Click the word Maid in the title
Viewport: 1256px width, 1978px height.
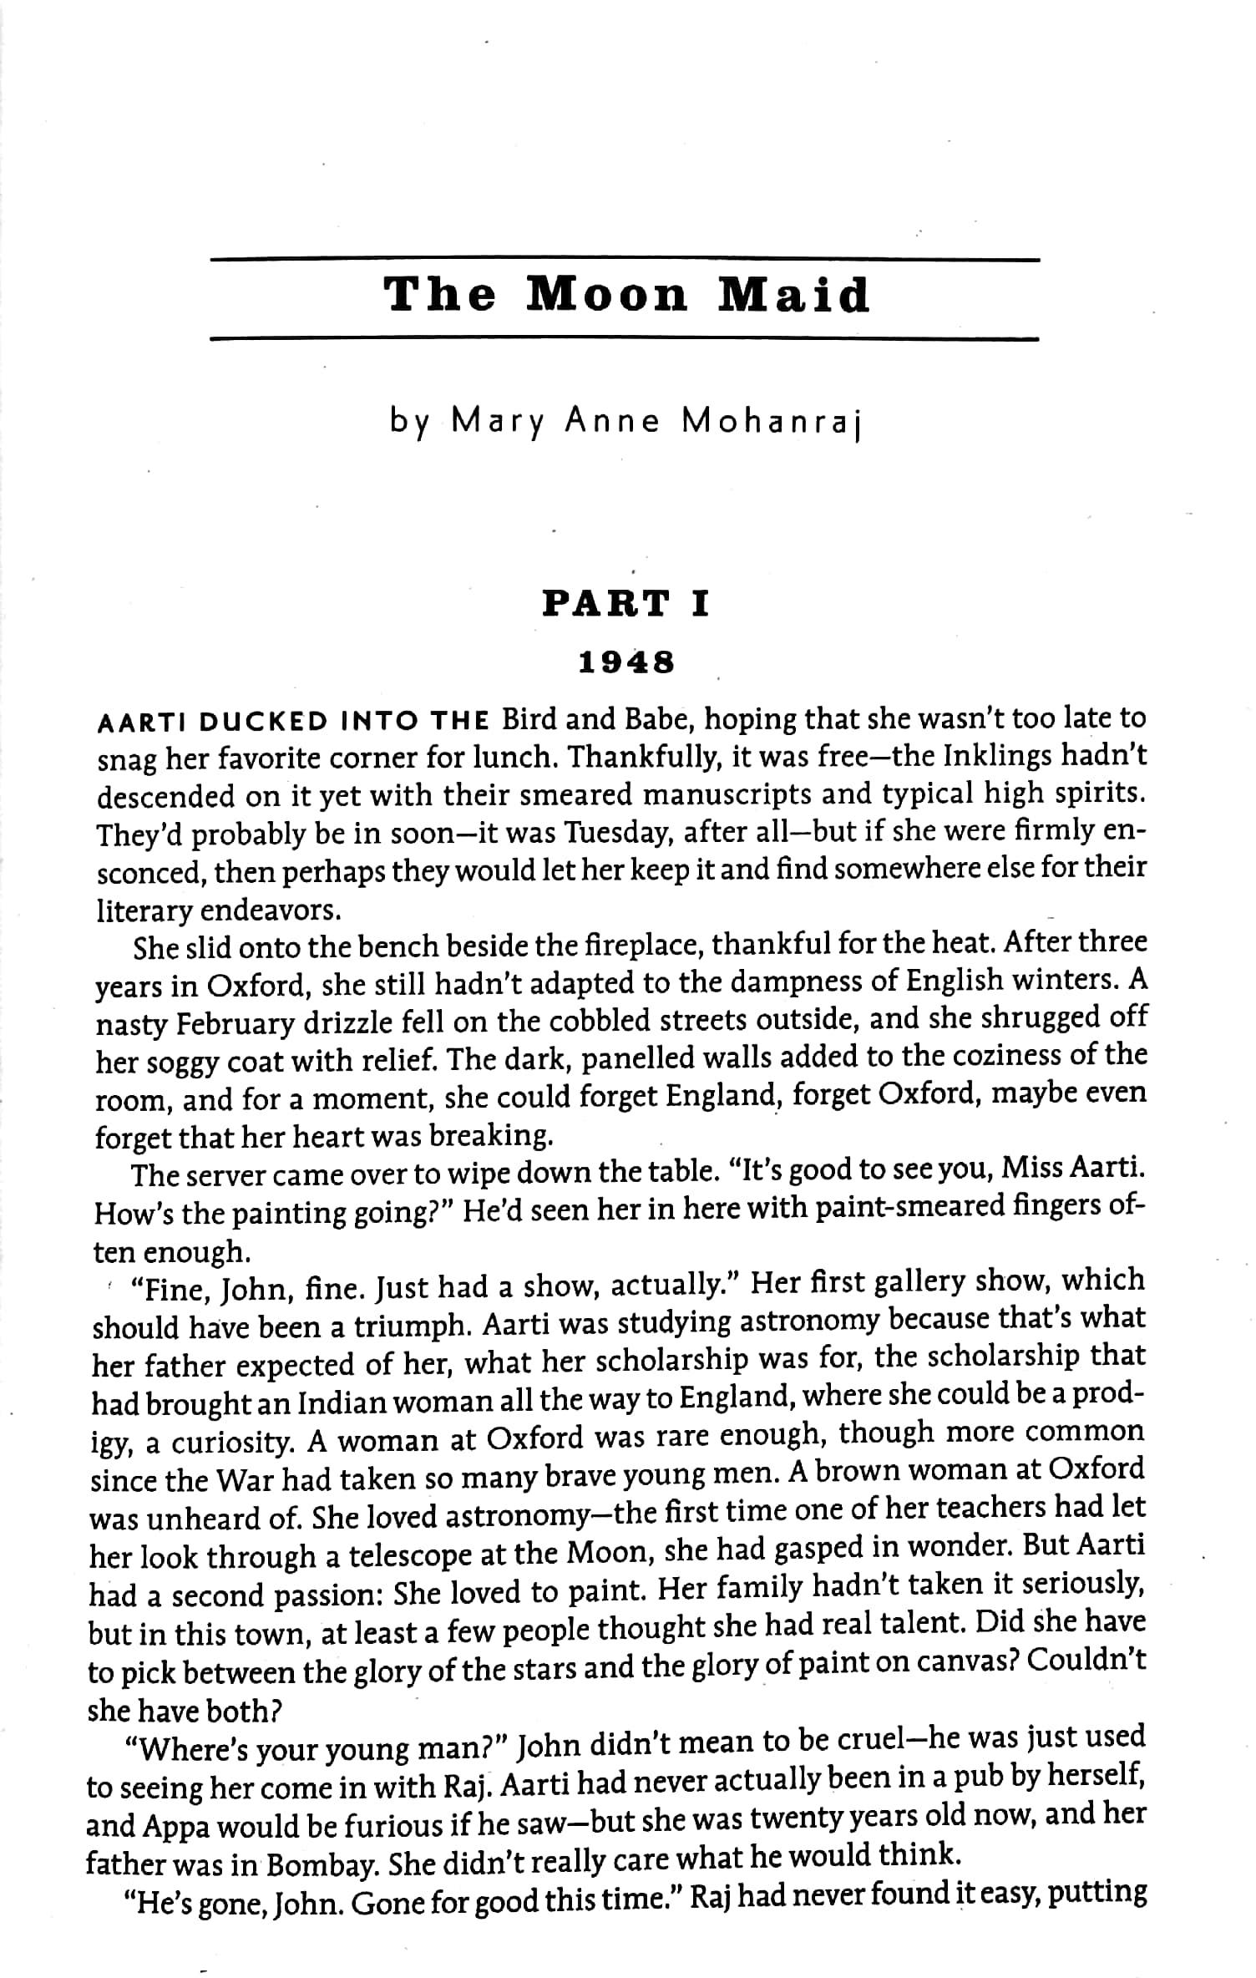(x=794, y=296)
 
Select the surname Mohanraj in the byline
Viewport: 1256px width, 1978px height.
(x=770, y=423)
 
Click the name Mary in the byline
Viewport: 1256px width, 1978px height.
(x=497, y=423)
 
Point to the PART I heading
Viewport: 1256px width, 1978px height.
(x=626, y=603)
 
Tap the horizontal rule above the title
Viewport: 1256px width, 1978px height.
(x=625, y=261)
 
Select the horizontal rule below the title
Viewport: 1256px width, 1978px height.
(x=625, y=339)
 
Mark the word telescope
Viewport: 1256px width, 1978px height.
(x=408, y=1556)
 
